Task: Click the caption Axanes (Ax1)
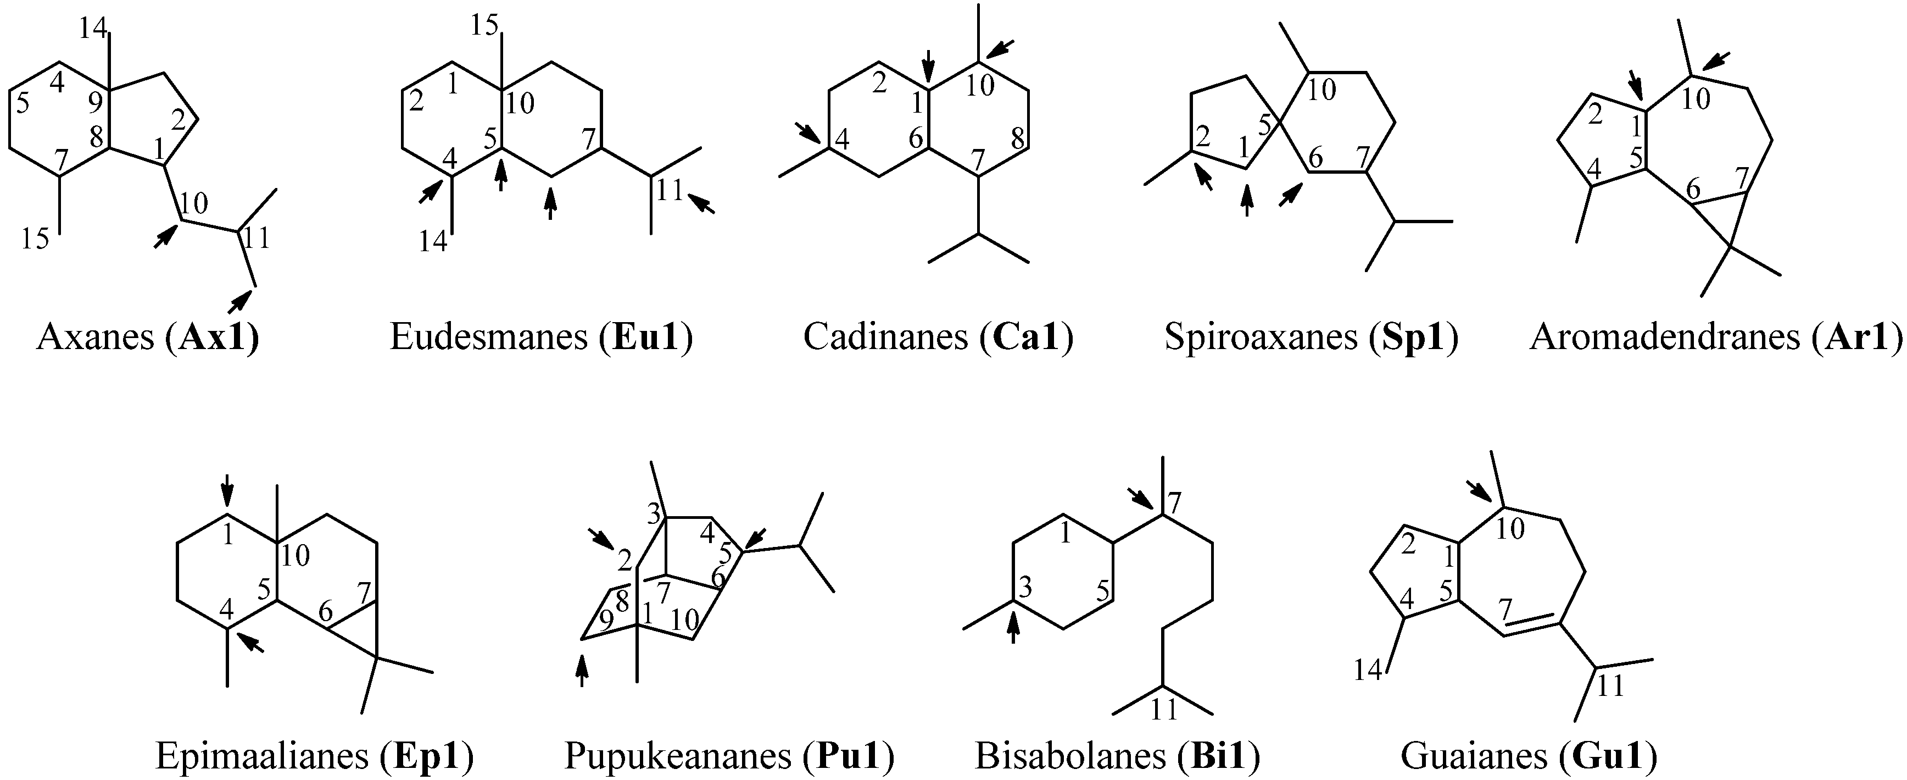148,337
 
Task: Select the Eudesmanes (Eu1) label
541,337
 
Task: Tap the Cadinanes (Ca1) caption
938,337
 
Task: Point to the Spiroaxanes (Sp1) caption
1311,337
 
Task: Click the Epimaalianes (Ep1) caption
315,756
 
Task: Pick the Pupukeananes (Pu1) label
729,756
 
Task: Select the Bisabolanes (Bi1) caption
1118,756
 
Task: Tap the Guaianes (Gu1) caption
1529,756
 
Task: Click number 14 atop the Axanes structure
94,28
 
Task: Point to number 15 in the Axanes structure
35,239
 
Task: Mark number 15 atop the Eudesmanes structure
485,26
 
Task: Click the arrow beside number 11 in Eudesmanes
702,203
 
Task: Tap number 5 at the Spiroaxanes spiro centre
1264,124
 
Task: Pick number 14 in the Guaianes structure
1368,671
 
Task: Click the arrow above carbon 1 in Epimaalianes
227,490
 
